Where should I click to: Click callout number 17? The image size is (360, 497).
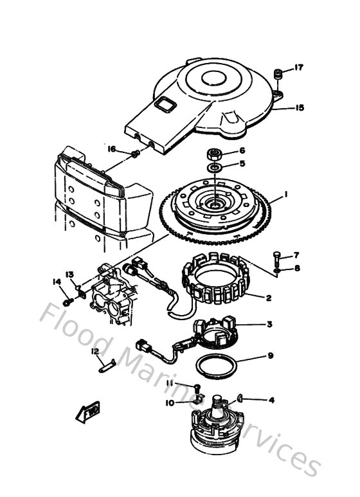point(298,68)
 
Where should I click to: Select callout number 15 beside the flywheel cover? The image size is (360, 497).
point(299,108)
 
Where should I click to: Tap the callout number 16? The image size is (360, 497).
point(112,149)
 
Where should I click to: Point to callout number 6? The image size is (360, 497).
point(242,150)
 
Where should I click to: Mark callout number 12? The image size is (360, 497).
point(94,351)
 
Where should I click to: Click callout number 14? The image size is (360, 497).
point(56,281)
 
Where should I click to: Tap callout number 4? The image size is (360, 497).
point(271,400)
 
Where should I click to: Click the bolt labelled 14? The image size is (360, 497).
point(67,301)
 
